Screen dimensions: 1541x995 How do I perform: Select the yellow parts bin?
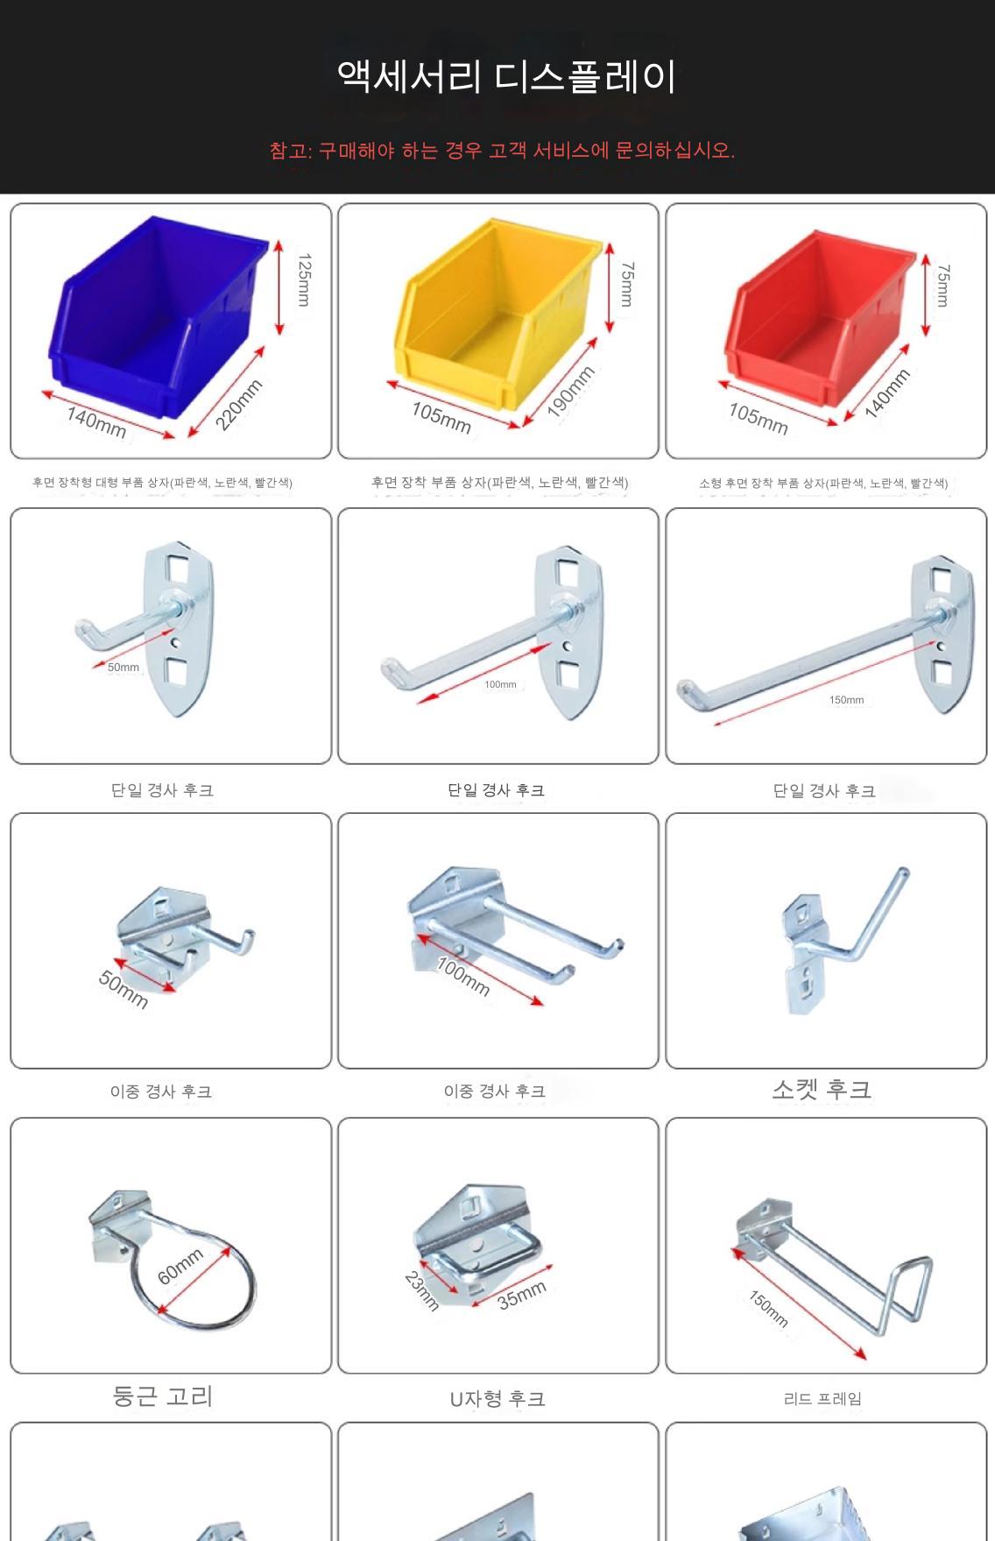(x=495, y=320)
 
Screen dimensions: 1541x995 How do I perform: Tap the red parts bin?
(x=819, y=320)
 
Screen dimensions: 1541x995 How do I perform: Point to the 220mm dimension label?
(x=239, y=404)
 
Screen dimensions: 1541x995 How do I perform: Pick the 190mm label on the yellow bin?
(x=571, y=391)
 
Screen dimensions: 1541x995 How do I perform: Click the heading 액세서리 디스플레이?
(x=506, y=77)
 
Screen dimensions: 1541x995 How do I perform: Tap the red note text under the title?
(x=502, y=151)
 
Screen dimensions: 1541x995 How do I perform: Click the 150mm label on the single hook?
(x=846, y=700)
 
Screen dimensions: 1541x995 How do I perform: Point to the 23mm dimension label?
(x=421, y=1290)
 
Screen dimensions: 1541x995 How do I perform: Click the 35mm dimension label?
(x=522, y=1294)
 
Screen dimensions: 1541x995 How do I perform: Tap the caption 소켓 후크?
(x=822, y=1090)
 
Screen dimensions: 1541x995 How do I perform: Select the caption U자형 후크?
(x=497, y=1399)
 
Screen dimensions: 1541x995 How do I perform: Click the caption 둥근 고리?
(x=163, y=1396)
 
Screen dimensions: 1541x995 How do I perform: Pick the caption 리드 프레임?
(x=822, y=1399)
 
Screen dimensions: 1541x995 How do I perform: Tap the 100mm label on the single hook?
(x=500, y=684)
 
